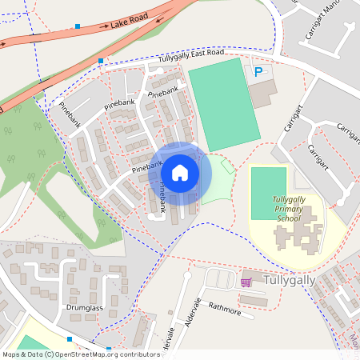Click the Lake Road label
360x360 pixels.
pyautogui.click(x=130, y=24)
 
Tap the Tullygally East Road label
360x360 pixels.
pyautogui.click(x=191, y=57)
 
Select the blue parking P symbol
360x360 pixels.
pyautogui.click(x=258, y=72)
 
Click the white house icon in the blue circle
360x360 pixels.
pyautogui.click(x=180, y=172)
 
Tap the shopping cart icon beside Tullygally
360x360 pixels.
pyautogui.click(x=246, y=282)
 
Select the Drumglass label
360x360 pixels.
pyautogui.click(x=82, y=307)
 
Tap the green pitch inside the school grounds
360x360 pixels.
pyautogui.click(x=269, y=193)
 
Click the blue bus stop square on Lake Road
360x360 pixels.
pyautogui.click(x=78, y=26)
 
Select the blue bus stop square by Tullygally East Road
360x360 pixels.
pyautogui.click(x=101, y=61)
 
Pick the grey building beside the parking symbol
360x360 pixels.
pyautogui.click(x=262, y=93)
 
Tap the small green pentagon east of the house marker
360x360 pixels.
pyautogui.click(x=227, y=166)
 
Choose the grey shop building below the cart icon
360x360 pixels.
pyautogui.click(x=254, y=300)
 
